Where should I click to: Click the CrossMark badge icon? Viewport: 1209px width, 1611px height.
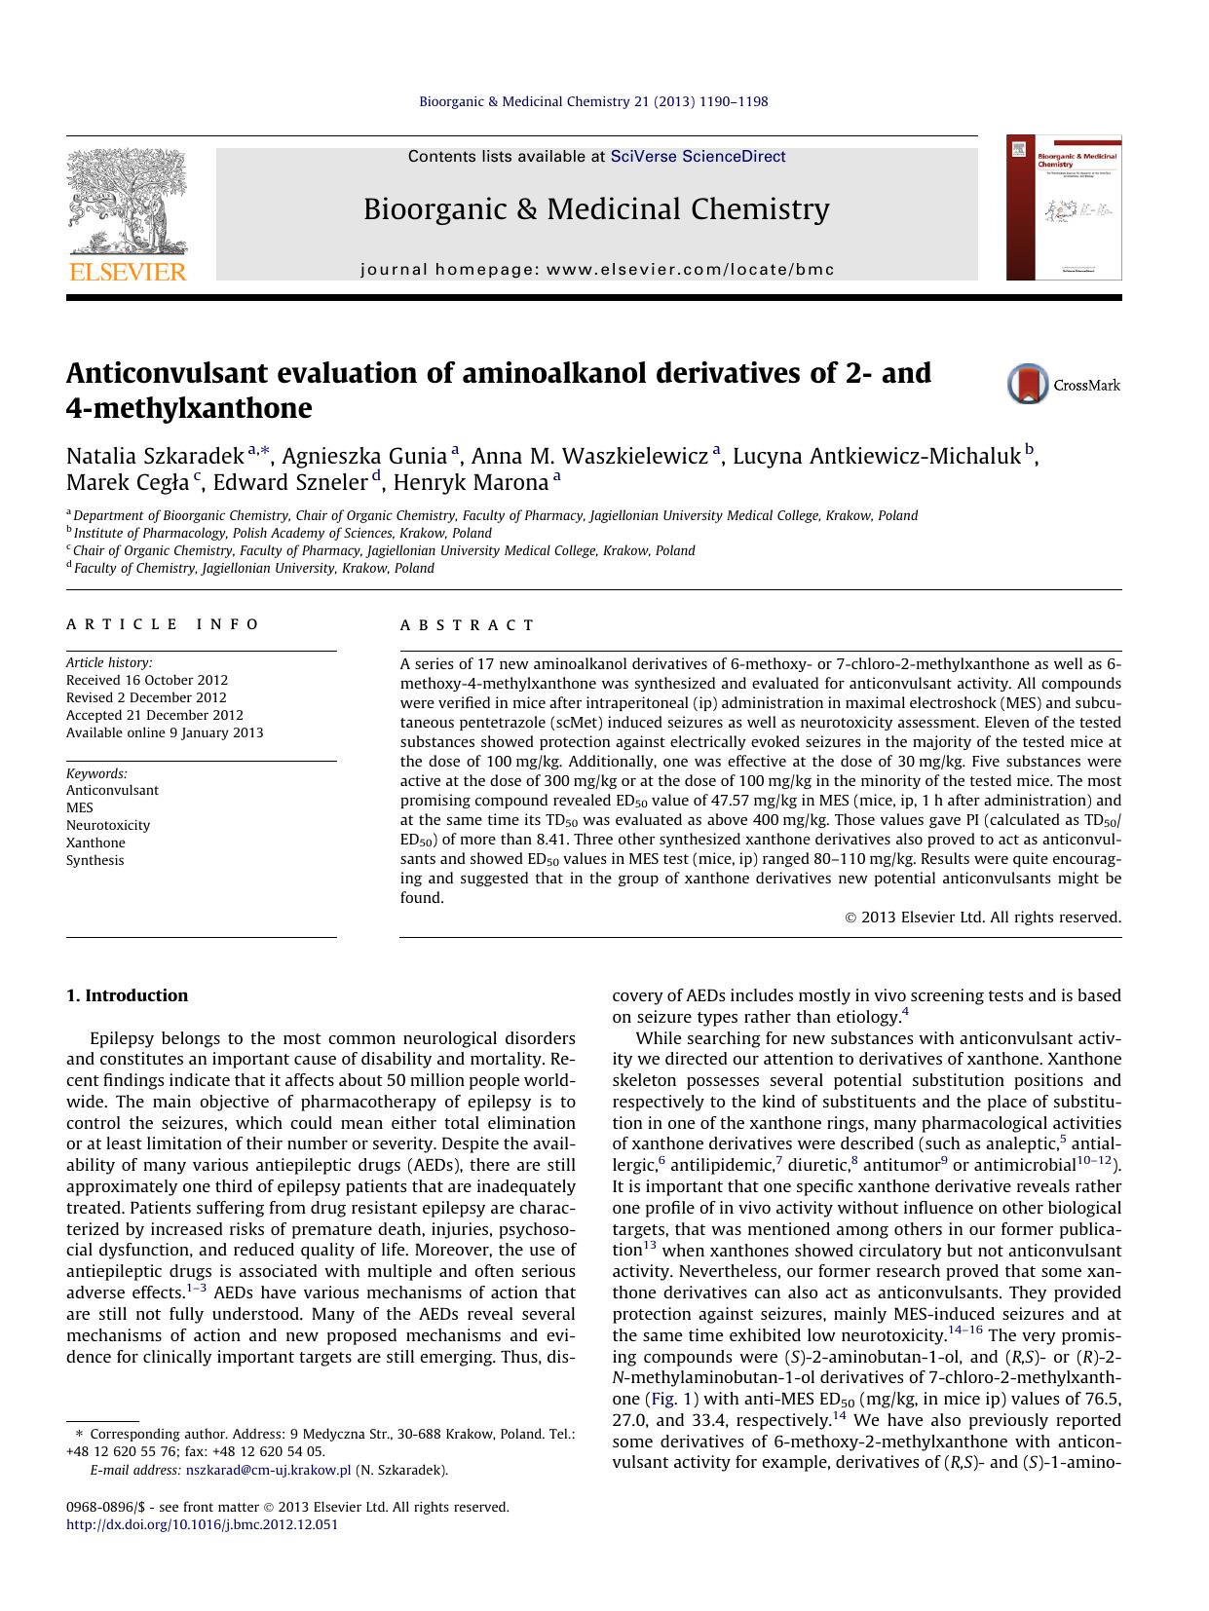pos(1028,384)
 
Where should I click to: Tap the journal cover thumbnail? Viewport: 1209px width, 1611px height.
pos(1064,207)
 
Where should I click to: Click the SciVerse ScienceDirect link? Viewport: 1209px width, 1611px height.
pos(698,157)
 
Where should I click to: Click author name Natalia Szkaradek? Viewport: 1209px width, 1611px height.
pos(155,456)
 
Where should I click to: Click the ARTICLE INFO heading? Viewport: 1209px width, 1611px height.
pos(163,624)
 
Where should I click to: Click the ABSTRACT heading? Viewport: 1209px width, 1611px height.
pos(468,625)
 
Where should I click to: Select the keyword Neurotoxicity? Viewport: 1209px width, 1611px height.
pos(108,825)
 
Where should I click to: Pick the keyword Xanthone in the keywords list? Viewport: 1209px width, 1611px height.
pos(95,843)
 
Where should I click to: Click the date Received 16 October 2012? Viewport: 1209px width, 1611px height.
pos(147,680)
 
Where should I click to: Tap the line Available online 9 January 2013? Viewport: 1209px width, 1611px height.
pos(165,732)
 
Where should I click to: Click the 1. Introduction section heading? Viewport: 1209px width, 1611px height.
pos(127,995)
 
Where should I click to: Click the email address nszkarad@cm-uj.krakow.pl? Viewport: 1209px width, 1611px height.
pos(268,1471)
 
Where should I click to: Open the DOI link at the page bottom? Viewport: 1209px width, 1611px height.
pos(202,1524)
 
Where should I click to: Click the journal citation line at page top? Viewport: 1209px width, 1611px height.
pos(592,101)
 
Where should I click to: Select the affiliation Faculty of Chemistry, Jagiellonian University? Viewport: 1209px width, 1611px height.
pos(253,569)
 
